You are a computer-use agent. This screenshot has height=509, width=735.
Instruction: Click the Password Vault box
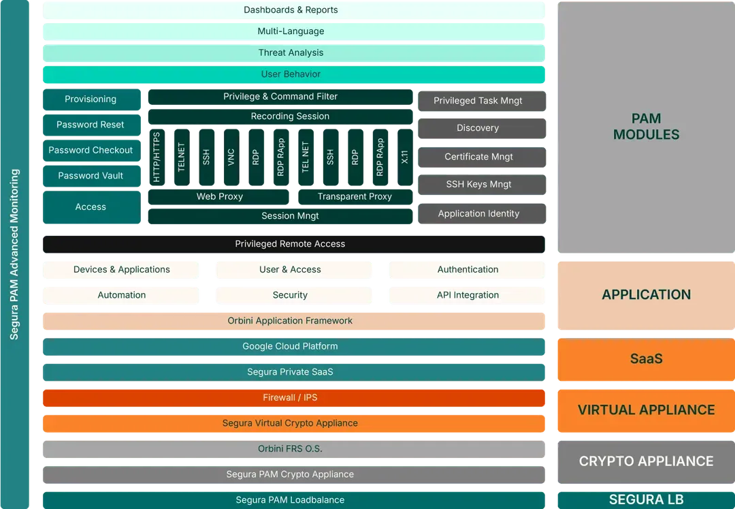coord(92,176)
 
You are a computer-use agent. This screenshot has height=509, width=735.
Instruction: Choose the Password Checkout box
coord(92,150)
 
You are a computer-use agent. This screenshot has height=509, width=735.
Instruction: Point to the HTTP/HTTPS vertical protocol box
coord(157,157)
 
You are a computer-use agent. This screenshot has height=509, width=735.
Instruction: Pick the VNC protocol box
coord(231,157)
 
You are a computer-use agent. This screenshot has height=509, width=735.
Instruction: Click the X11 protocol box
coord(405,157)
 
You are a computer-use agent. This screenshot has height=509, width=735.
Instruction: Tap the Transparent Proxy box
coord(355,196)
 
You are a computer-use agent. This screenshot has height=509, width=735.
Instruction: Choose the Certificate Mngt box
coord(482,157)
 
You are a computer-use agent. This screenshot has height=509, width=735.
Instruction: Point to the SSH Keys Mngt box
coord(482,185)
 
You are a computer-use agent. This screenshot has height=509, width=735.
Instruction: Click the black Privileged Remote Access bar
coord(294,244)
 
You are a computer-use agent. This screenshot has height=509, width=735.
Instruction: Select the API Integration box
coord(468,295)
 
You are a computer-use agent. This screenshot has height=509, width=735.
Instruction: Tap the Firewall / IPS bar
coord(294,398)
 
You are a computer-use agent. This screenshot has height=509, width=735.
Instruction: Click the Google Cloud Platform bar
coord(294,347)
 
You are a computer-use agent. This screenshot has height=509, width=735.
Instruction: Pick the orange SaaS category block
coord(647,359)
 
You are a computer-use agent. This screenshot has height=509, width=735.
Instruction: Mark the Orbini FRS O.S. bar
coord(294,449)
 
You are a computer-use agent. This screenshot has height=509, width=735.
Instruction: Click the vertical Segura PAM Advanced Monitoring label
coord(14,254)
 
